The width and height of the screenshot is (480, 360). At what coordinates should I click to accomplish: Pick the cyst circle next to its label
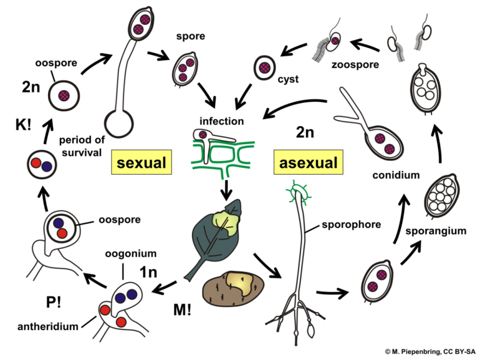click(x=264, y=67)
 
